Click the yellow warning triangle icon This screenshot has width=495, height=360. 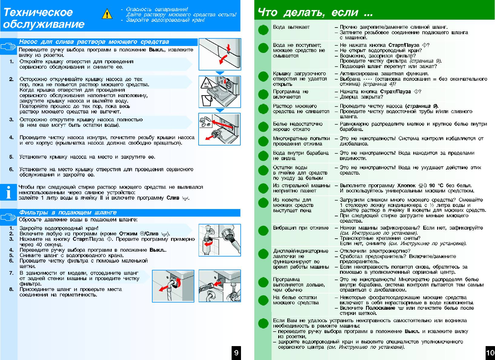(107, 14)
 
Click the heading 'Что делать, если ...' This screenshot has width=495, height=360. (315, 12)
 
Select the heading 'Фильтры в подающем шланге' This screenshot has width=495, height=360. (68, 213)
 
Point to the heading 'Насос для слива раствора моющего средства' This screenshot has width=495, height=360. (94, 42)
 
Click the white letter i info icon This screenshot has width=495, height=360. (8, 192)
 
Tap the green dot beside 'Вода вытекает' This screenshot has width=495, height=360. (263, 30)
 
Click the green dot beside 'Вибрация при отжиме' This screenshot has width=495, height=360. (263, 231)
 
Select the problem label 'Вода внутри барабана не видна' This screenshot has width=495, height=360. (301, 155)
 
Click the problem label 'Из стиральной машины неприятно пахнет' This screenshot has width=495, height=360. (301, 188)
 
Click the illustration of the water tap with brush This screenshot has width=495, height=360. (220, 240)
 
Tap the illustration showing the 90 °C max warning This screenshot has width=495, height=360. (220, 92)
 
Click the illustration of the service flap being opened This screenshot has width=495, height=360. (220, 54)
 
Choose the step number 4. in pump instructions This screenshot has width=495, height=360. (12, 137)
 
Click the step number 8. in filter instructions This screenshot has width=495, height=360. (12, 289)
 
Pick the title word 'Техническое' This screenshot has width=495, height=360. (38, 12)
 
